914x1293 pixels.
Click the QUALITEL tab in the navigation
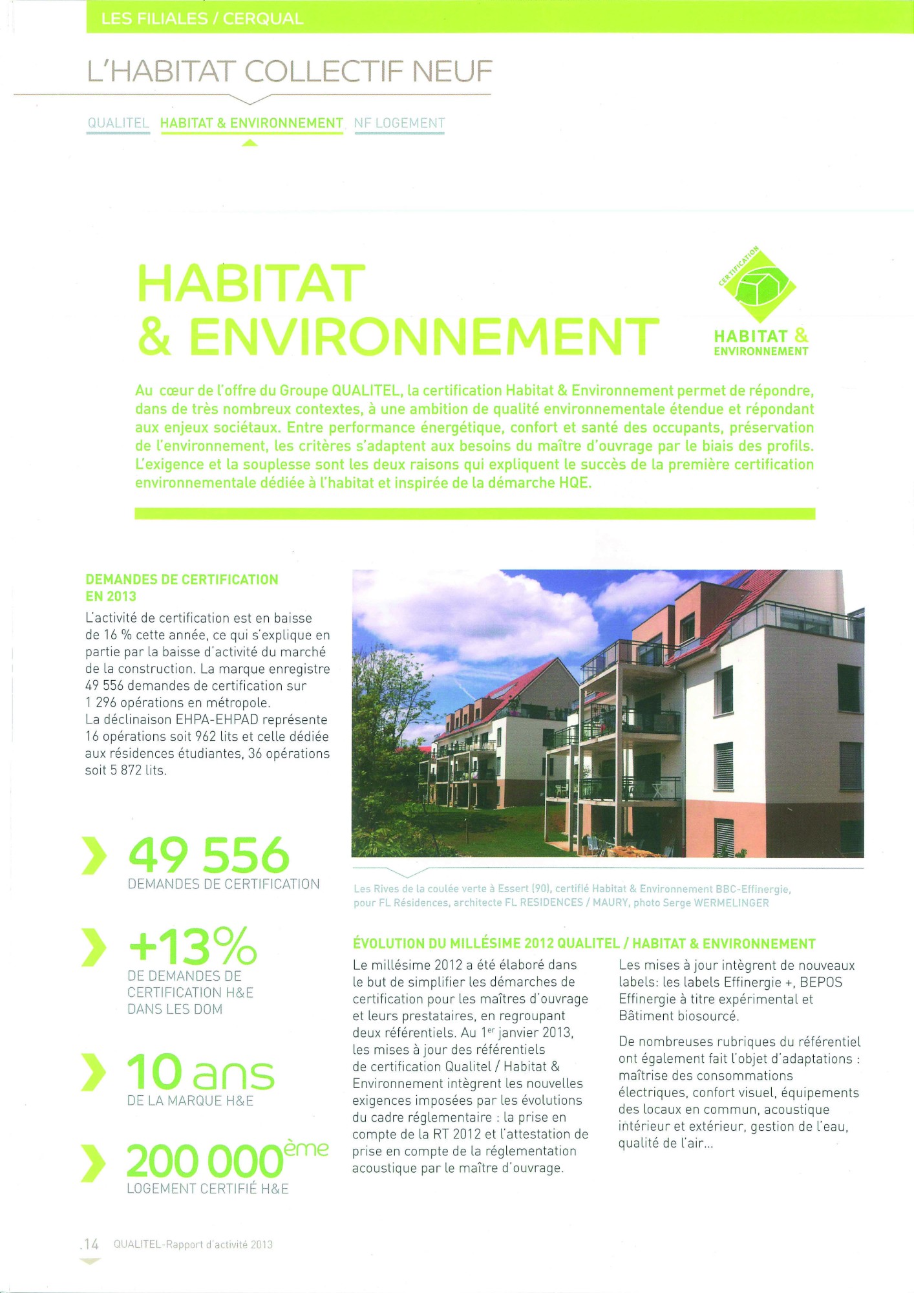(x=118, y=123)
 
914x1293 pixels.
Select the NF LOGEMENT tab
(x=399, y=123)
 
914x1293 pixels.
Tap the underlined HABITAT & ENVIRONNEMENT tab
(x=251, y=123)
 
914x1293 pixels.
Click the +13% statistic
(x=193, y=945)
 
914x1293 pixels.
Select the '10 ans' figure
(x=200, y=1072)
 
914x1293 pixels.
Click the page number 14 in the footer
(x=90, y=1244)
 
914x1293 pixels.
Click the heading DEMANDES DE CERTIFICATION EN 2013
(x=182, y=588)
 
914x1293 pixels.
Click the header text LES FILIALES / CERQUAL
(x=202, y=19)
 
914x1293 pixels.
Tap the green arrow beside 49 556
(x=94, y=855)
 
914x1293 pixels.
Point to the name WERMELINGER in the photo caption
(x=731, y=903)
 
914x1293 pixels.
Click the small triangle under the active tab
(x=250, y=144)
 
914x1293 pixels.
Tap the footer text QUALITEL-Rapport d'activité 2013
(x=193, y=1244)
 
